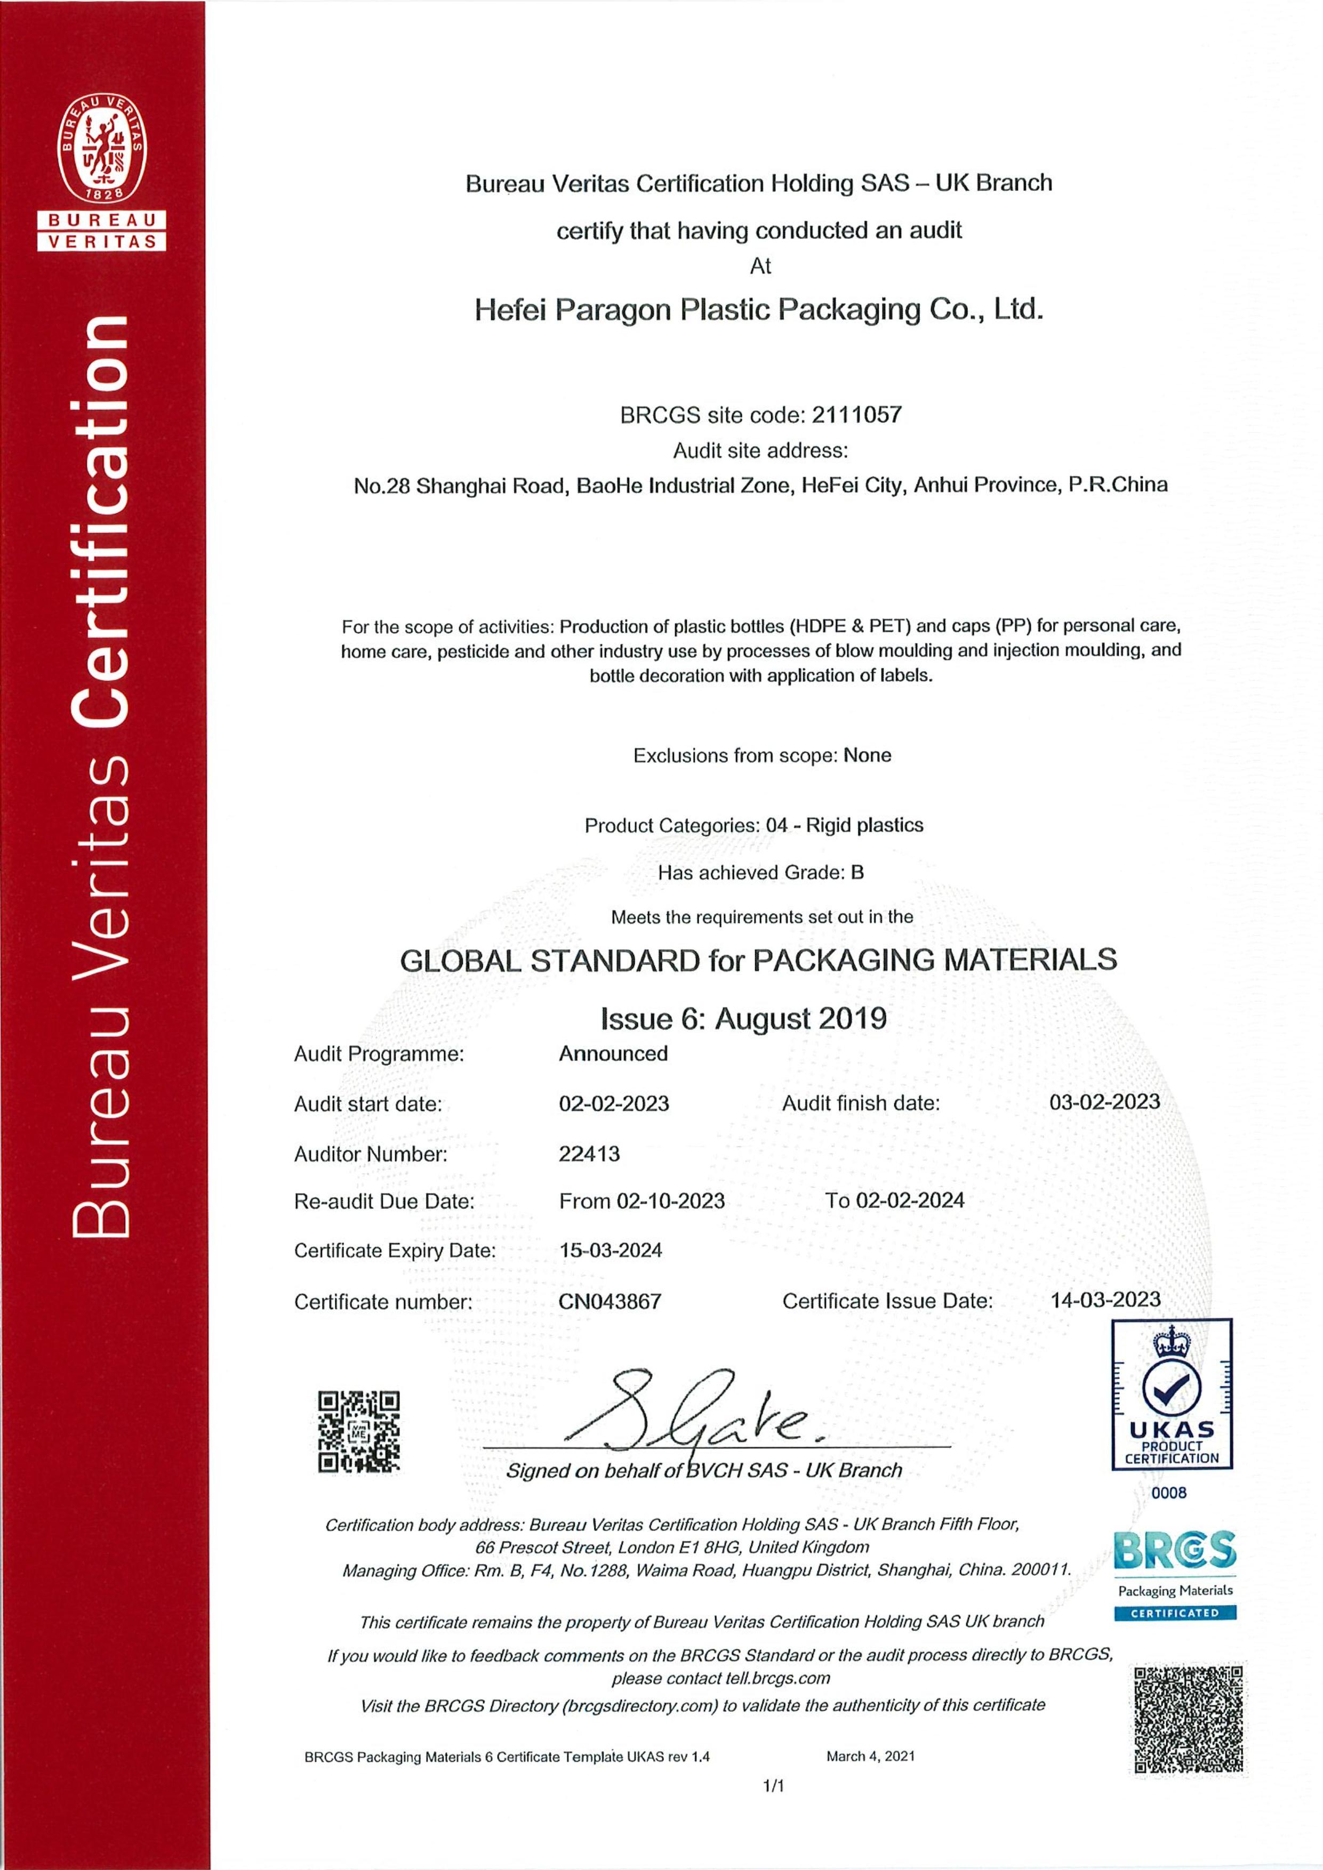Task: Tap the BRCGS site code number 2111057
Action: click(x=857, y=415)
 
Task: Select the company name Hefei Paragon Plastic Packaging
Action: click(x=758, y=310)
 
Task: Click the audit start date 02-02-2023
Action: click(x=613, y=1103)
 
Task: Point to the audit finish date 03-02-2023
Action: click(x=1104, y=1102)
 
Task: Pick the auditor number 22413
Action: click(x=589, y=1153)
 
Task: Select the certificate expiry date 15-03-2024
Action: click(x=610, y=1250)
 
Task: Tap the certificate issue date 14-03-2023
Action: click(x=1105, y=1300)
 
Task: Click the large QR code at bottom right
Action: click(x=1189, y=1719)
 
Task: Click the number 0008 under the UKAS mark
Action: click(x=1169, y=1493)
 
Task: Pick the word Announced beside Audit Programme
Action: click(x=613, y=1054)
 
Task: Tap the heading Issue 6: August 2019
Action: click(x=743, y=1019)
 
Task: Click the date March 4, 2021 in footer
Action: click(x=870, y=1756)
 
